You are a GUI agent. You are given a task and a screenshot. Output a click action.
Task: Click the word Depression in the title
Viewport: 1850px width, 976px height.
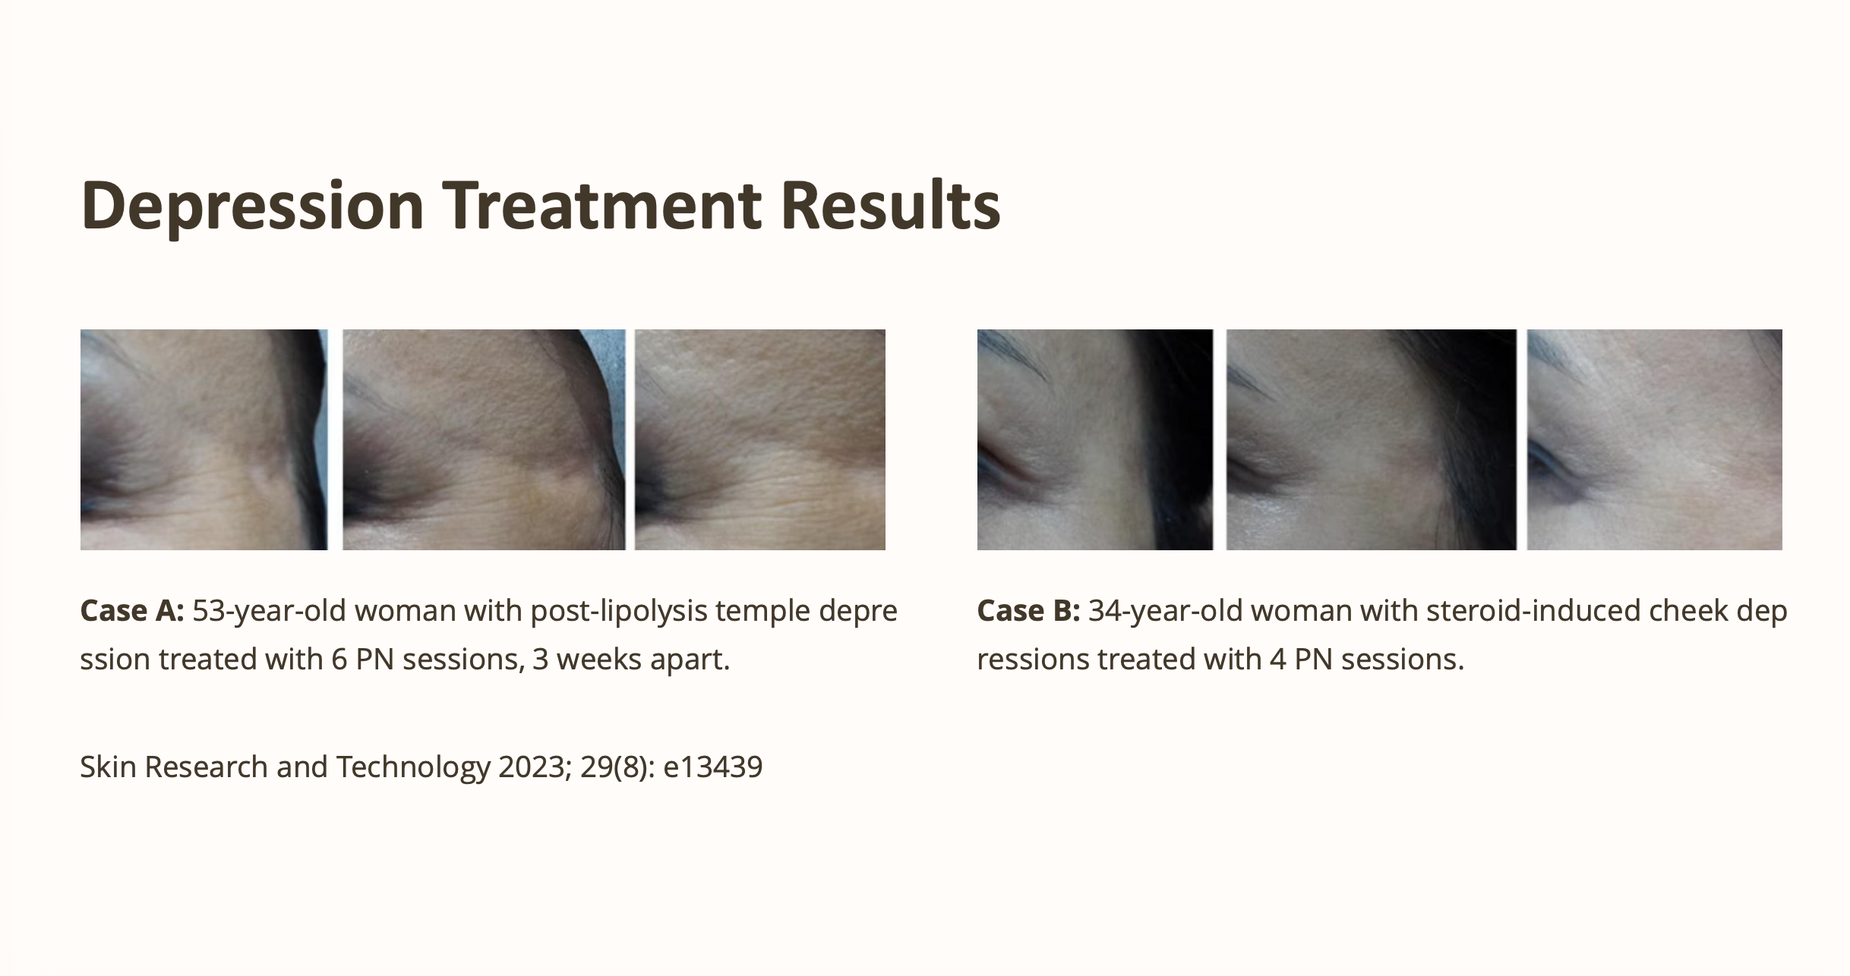click(x=252, y=206)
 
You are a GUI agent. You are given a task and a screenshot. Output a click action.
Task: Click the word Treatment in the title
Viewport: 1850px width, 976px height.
click(x=602, y=206)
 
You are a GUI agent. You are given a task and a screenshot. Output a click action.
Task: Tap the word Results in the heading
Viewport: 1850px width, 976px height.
click(x=891, y=206)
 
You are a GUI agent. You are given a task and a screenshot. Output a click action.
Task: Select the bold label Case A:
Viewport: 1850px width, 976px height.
click(x=132, y=610)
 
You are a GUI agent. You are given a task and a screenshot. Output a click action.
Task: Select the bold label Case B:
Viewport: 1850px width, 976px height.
click(x=1028, y=610)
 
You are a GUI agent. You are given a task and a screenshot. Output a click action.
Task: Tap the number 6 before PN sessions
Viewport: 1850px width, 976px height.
click(x=339, y=660)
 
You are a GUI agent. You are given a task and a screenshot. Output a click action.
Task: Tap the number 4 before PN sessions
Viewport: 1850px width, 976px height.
click(x=1278, y=660)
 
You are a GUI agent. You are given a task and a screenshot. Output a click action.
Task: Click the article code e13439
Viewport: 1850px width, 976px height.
click(x=713, y=767)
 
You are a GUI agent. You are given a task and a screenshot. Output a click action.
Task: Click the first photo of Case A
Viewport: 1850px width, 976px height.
click(x=204, y=439)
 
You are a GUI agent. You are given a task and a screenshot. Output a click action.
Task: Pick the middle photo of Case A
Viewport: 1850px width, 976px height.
click(x=484, y=439)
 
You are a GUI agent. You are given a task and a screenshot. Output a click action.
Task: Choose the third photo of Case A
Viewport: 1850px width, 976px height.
click(x=760, y=439)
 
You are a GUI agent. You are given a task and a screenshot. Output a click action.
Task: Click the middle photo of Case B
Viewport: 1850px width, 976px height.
click(x=1372, y=439)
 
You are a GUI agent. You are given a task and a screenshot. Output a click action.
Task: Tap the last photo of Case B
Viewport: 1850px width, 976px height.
click(x=1655, y=439)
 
